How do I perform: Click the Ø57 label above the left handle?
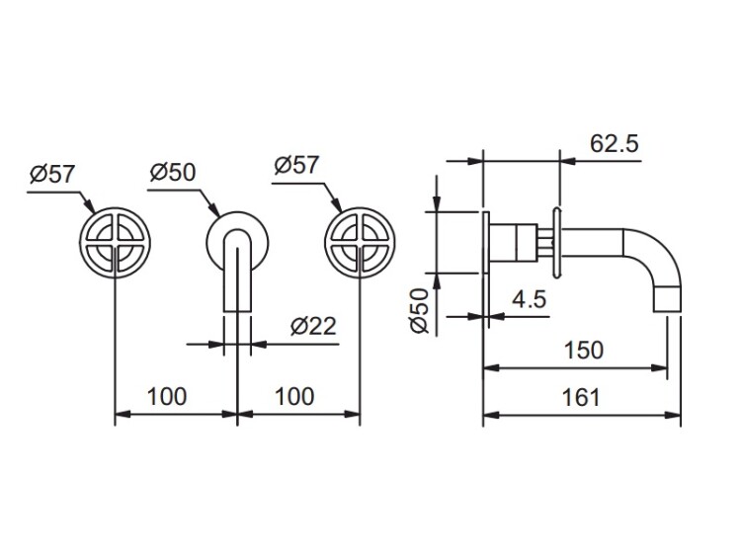point(52,175)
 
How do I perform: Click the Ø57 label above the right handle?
point(296,165)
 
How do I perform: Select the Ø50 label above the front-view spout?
point(173,172)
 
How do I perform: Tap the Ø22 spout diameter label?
point(313,326)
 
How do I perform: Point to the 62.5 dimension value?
point(615,143)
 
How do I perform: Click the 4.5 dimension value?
point(530,298)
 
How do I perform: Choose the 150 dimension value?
point(584,350)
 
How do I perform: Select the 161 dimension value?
point(581,397)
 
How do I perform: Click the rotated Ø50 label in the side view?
point(420,311)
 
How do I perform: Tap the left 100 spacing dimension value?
point(167,396)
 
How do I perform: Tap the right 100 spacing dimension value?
point(294,396)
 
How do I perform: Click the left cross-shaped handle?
point(116,242)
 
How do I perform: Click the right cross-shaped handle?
point(360,242)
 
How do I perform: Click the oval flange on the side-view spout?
point(557,242)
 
